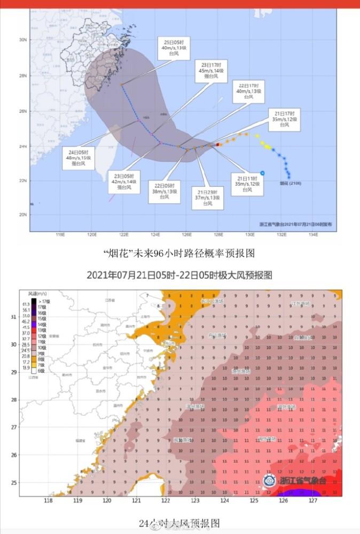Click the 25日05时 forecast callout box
coord(175,48)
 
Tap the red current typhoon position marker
coord(218,144)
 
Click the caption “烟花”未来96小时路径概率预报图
coord(179,253)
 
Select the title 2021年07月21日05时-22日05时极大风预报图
coord(179,276)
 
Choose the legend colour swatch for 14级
coord(34,324)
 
